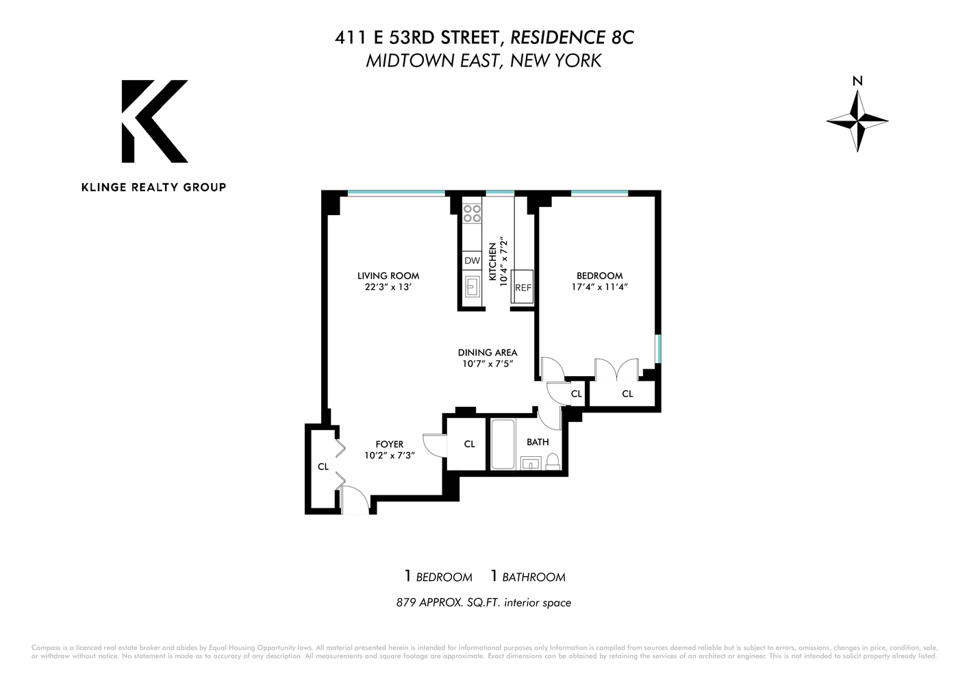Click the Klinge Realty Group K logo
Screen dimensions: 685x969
[x=154, y=121]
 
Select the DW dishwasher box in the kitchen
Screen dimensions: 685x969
[x=472, y=260]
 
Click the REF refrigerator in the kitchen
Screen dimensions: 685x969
[x=523, y=287]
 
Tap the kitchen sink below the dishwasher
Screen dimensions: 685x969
[x=472, y=286]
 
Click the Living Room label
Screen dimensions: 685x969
[x=388, y=275]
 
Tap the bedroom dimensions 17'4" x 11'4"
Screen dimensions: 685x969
[x=599, y=288]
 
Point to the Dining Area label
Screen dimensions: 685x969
[x=488, y=353]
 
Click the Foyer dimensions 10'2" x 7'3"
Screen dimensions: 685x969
[x=389, y=456]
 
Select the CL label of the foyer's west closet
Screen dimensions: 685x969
[x=323, y=466]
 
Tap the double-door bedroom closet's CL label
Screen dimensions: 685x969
[x=627, y=394]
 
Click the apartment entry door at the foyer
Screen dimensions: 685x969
[x=355, y=502]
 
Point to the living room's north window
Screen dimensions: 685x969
[x=396, y=193]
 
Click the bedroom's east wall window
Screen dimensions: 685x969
[x=658, y=347]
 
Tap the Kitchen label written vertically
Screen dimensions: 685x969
[x=492, y=261]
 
